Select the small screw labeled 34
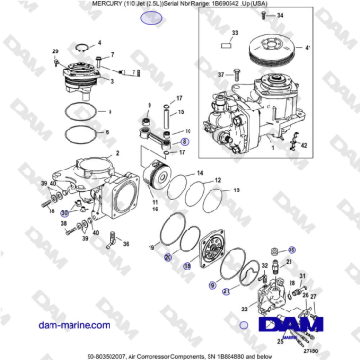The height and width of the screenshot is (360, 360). coord(254,18)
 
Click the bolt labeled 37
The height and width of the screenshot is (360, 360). coord(235,73)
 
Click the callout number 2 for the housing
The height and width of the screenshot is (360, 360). coord(117,152)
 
